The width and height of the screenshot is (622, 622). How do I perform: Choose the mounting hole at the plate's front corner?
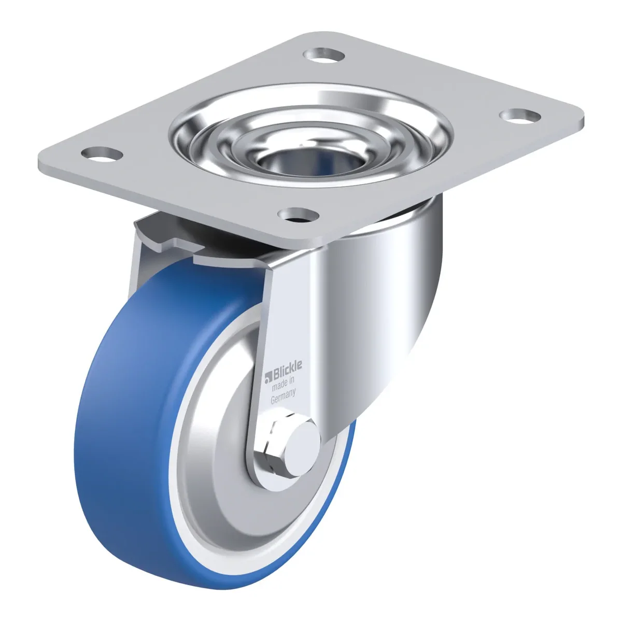coord(299,215)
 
